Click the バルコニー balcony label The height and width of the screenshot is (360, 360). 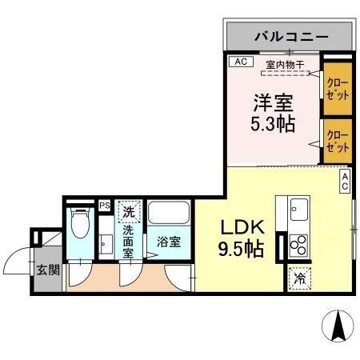coord(289,36)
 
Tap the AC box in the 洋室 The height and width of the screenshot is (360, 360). coord(238,62)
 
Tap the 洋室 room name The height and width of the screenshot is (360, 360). coord(273,103)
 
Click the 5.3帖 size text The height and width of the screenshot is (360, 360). coord(273,126)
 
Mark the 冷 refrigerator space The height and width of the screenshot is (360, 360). coord(298,278)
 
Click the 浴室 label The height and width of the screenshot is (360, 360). coord(167,239)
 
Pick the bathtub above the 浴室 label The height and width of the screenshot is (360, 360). coord(168,215)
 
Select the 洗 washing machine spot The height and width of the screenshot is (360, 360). coord(128,213)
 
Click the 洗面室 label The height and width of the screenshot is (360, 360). coord(129,241)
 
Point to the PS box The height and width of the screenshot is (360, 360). coord(104,205)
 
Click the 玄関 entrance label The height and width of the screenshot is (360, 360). coord(47,270)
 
